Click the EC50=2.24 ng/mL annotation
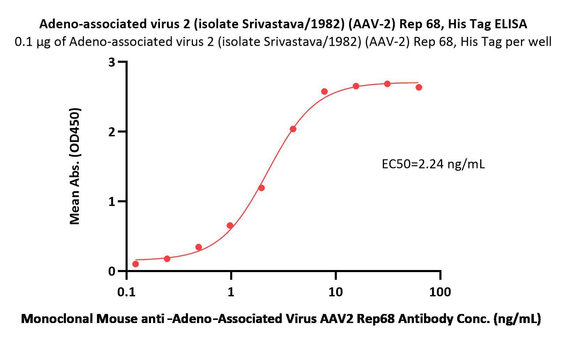[433, 164]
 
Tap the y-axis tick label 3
[112, 62]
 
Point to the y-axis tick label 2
[112, 132]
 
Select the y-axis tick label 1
[112, 202]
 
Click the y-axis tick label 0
[112, 271]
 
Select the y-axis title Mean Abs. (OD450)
[75, 166]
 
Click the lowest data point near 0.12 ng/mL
[136, 264]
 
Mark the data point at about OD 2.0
[293, 129]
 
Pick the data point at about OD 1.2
[262, 188]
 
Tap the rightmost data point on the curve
[419, 87]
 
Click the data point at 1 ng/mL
[230, 225]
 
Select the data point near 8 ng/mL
[324, 91]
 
